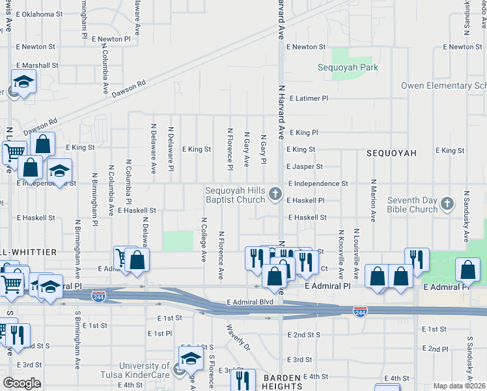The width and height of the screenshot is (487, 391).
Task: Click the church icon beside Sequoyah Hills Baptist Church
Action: point(275,193)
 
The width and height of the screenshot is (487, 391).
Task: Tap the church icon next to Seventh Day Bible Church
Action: point(447,204)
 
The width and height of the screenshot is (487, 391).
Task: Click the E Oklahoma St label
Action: point(40,14)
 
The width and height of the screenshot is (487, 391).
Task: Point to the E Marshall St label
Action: point(37,65)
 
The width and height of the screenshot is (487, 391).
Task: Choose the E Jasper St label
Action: point(309,167)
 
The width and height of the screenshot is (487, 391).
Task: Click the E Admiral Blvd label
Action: point(250,302)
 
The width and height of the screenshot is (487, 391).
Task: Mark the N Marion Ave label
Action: point(374,200)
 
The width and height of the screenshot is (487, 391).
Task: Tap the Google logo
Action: point(21,383)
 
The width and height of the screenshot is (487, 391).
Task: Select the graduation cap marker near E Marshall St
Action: point(23,83)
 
